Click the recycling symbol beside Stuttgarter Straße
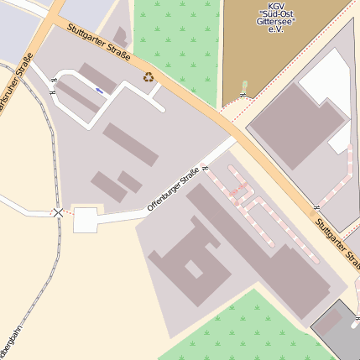[x=149, y=77]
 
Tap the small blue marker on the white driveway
[x=101, y=91]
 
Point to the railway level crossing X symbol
[x=58, y=212]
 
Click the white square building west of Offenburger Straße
[x=86, y=220]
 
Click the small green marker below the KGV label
[x=244, y=86]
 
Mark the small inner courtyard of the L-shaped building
[x=194, y=269]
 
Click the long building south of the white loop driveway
[x=130, y=145]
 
